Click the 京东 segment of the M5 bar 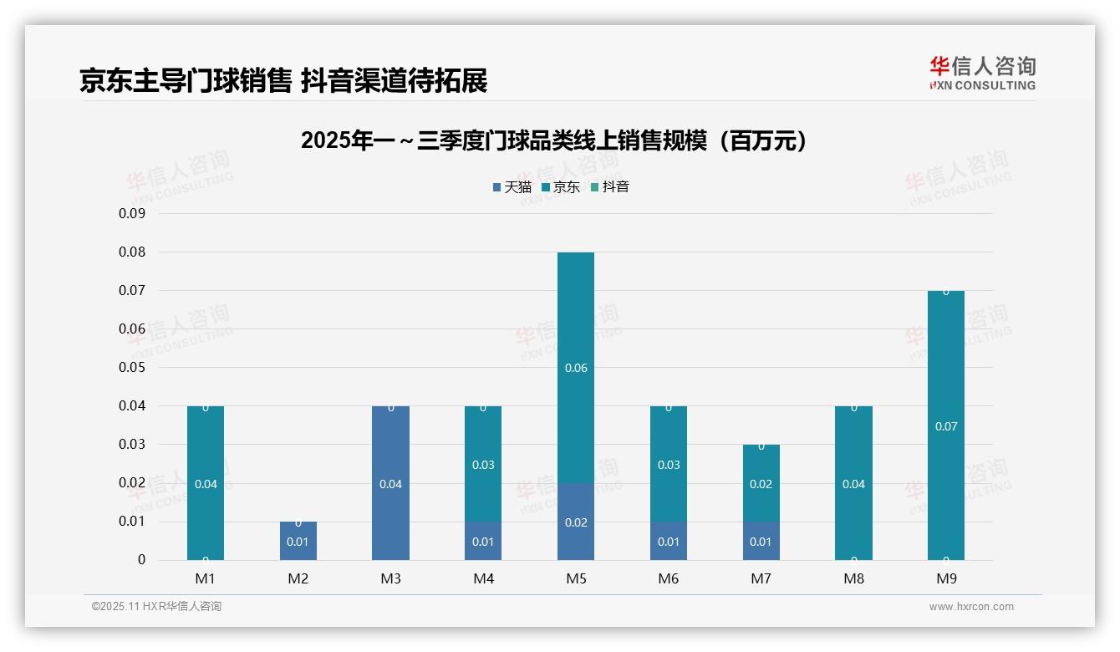[576, 368]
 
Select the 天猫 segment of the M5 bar [576, 522]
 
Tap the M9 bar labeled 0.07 [946, 425]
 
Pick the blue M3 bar [391, 483]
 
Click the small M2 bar [298, 541]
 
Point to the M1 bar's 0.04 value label [206, 484]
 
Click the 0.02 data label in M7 [761, 484]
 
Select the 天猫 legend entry [512, 187]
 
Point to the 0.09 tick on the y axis [132, 213]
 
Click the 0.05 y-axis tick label [132, 367]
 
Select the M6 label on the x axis [669, 578]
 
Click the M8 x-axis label [853, 578]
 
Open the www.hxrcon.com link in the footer [971, 607]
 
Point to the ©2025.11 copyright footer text [156, 607]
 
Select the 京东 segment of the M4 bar [483, 465]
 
